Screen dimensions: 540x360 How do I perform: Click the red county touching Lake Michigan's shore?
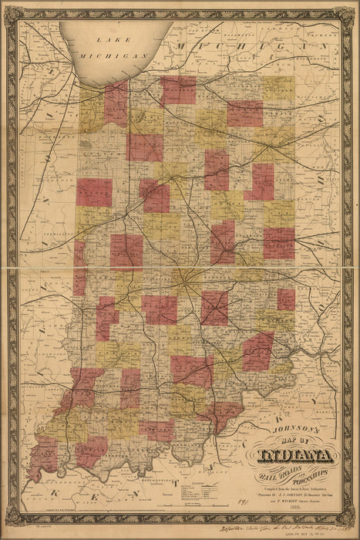116,102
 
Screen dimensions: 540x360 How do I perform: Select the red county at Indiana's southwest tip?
45,453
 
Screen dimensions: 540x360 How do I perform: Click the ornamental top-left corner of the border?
12,12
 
